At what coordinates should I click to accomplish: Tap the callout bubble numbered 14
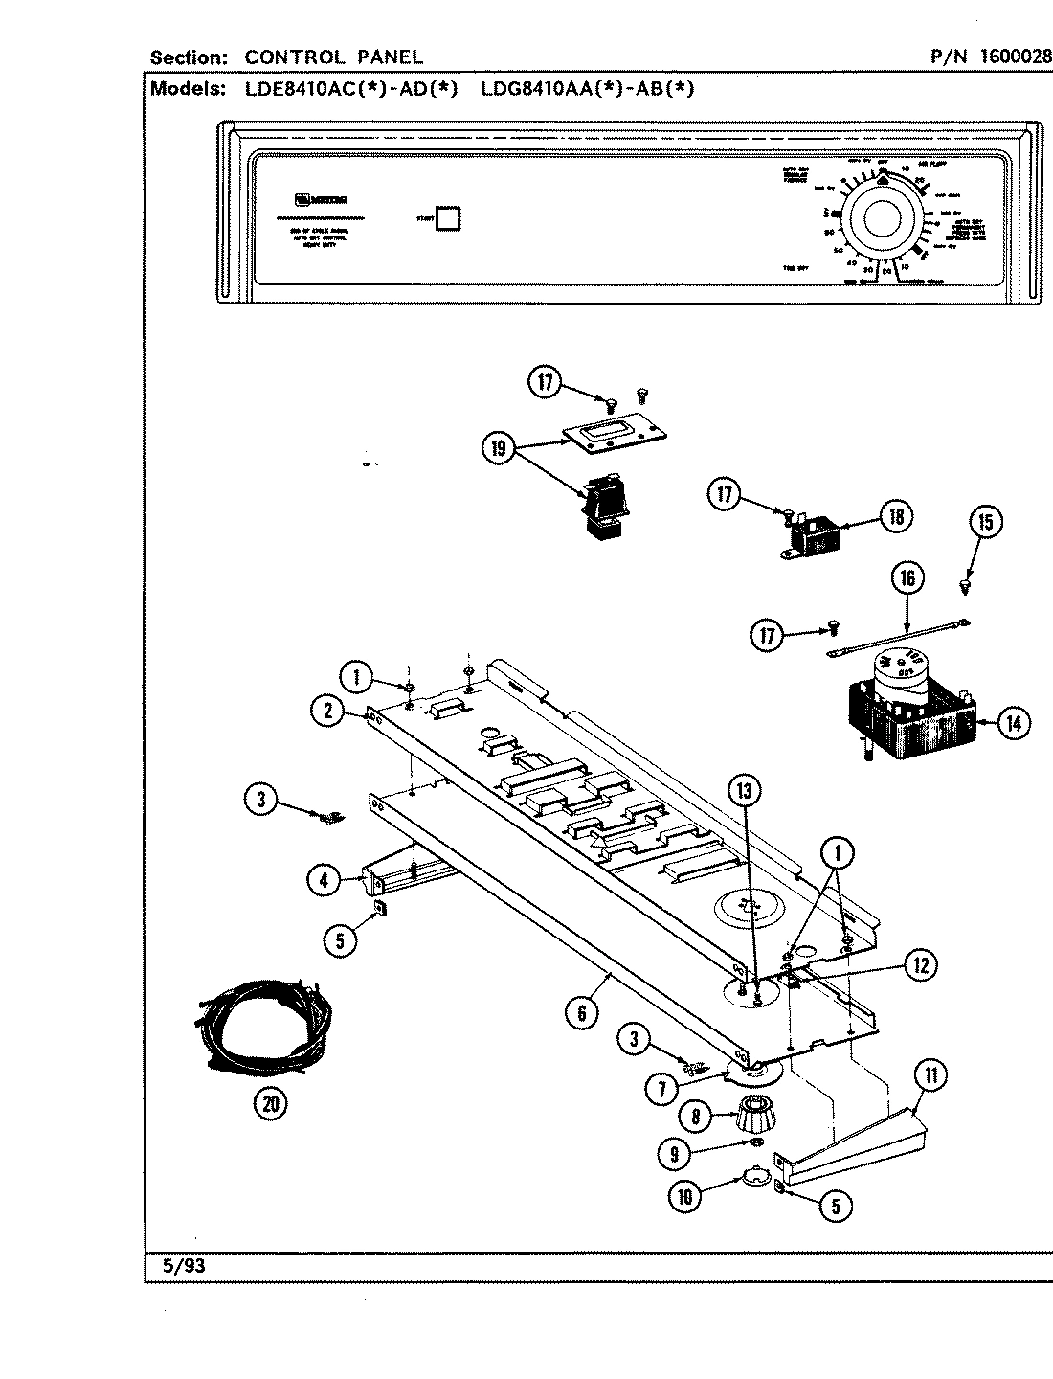[x=1014, y=723]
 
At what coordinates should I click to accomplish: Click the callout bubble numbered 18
[x=896, y=518]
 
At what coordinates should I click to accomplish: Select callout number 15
[x=985, y=522]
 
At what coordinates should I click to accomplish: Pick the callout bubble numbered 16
[x=907, y=577]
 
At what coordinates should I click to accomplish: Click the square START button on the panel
[x=447, y=217]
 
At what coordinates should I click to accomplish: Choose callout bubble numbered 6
[x=581, y=1012]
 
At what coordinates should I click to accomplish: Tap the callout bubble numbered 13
[x=746, y=791]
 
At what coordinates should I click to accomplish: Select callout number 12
[x=920, y=965]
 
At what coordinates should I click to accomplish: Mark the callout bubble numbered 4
[x=325, y=879]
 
